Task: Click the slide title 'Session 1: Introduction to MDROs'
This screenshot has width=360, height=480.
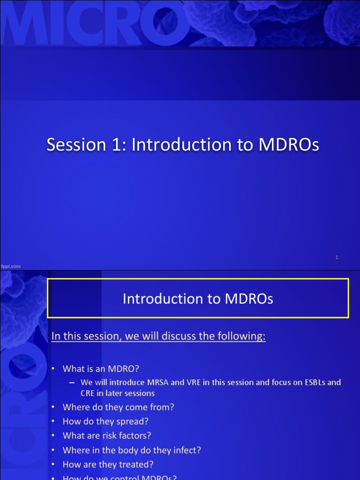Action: coord(182,145)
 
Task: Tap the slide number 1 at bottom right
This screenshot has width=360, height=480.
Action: coord(337,257)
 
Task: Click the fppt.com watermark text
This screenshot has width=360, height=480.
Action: coord(11,266)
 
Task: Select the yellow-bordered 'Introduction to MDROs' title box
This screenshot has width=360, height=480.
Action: coord(198,299)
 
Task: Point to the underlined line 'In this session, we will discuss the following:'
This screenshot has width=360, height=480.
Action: coord(158,336)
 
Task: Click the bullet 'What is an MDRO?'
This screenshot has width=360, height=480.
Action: coord(101,368)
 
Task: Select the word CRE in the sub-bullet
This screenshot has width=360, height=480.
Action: coord(88,393)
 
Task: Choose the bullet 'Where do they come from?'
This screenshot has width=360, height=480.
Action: coord(118,407)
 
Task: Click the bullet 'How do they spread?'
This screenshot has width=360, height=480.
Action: coord(105,421)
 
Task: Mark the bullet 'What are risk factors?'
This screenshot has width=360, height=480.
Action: coord(107,435)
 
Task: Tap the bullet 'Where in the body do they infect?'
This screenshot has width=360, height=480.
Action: coord(132,450)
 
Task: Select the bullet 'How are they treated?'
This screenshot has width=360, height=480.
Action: coord(108,465)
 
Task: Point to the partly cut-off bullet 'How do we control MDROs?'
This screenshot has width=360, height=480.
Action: coord(120,477)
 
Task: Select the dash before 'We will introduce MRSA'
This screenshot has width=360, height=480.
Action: coord(72,382)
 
